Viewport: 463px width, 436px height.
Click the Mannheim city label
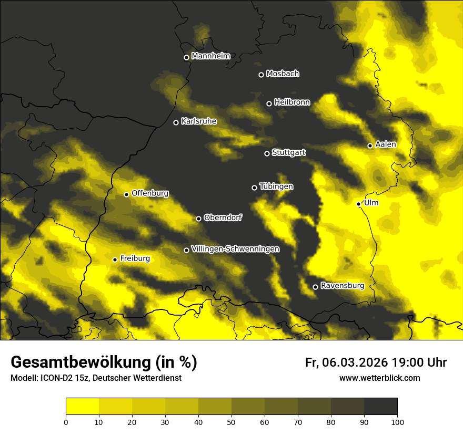coord(211,56)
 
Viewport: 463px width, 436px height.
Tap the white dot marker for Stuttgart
coord(267,153)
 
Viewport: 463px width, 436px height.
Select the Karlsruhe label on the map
coord(199,121)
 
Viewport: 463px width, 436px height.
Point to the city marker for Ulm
coord(358,204)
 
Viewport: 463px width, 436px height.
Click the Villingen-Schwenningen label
coord(236,249)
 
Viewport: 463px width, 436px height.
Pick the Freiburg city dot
coord(115,259)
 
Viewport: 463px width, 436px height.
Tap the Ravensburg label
coord(343,286)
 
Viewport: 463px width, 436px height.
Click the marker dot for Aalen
coord(370,146)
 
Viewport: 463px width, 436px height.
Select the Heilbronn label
coord(292,102)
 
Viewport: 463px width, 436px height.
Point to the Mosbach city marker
coord(260,75)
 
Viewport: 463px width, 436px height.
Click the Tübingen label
coord(276,186)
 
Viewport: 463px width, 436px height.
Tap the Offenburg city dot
coord(126,194)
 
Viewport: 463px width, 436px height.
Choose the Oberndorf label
coord(223,217)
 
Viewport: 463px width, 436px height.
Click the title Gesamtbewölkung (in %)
coord(104,362)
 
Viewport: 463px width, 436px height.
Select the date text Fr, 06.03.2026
coord(347,362)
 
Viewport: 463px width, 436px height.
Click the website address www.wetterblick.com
coord(379,378)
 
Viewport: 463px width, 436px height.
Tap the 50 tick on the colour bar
coord(231,421)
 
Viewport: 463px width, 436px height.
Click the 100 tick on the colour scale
coord(397,421)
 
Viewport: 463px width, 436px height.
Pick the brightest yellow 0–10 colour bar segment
coord(82,406)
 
